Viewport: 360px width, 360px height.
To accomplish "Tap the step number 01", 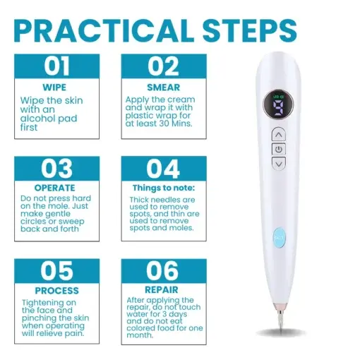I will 57,67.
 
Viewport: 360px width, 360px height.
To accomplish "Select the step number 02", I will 163,67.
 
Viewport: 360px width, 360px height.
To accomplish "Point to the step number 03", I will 57,170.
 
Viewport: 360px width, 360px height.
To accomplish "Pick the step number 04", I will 163,170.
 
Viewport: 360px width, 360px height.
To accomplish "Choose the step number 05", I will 57,272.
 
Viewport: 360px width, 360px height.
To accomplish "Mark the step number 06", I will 163,272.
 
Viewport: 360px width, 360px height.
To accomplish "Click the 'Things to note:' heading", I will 163,189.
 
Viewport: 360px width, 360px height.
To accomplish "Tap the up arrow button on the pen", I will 279,134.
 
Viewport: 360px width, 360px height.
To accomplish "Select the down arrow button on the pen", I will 280,164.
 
